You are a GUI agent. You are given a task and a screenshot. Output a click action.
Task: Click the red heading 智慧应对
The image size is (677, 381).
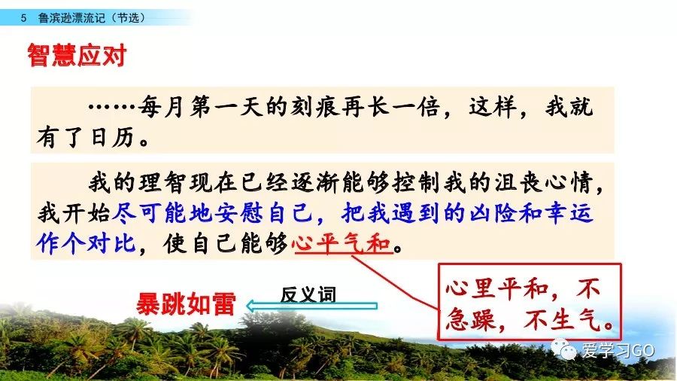click(77, 55)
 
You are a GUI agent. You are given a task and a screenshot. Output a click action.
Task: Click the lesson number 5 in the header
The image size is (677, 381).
click(23, 18)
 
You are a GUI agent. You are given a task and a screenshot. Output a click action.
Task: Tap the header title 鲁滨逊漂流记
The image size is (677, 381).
click(71, 18)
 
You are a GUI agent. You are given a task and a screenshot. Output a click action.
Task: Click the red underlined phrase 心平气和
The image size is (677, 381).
click(342, 244)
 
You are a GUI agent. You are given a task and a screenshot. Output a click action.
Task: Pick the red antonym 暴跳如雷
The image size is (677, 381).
click(186, 304)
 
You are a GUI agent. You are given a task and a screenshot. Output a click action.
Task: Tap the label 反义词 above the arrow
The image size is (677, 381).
click(308, 294)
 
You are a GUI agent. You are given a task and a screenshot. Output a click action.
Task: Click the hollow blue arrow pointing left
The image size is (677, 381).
click(311, 306)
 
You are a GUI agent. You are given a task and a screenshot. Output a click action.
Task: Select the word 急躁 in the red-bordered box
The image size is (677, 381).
click(471, 321)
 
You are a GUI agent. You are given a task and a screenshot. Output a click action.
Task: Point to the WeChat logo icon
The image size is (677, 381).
click(564, 349)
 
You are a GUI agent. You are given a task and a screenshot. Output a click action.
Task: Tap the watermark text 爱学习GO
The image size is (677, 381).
click(618, 350)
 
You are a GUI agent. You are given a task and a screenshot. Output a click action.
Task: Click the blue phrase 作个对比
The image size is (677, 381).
click(87, 244)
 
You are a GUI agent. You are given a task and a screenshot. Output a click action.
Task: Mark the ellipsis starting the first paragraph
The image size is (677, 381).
click(111, 107)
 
